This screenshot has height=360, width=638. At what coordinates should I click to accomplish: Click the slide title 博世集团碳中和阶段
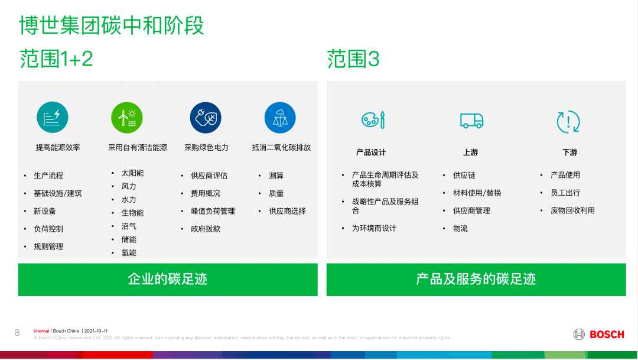click(112, 25)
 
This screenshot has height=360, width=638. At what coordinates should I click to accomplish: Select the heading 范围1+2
click(56, 59)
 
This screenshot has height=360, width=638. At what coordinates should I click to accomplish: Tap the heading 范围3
click(353, 59)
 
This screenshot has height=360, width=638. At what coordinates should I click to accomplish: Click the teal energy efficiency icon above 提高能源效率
click(53, 117)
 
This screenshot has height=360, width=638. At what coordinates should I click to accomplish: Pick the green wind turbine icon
click(127, 118)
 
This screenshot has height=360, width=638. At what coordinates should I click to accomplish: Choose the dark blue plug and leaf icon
click(206, 118)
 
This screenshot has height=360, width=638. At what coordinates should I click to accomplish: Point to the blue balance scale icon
click(280, 118)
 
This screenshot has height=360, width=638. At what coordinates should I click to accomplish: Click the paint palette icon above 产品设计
click(373, 120)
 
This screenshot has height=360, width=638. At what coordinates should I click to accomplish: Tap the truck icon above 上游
click(471, 121)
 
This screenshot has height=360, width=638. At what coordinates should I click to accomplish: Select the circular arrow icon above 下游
click(568, 122)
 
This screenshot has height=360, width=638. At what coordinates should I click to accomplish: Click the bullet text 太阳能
click(133, 173)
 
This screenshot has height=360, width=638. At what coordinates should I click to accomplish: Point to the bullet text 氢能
click(129, 253)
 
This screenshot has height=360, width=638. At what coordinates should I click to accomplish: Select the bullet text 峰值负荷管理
click(213, 211)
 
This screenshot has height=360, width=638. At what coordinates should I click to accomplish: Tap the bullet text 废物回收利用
click(572, 210)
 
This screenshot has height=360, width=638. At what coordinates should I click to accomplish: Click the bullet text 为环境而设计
click(374, 228)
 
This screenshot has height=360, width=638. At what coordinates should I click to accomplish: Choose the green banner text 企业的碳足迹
click(168, 279)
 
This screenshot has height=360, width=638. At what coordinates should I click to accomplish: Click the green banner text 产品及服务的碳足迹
click(476, 279)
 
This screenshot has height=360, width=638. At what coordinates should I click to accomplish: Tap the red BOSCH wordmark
click(607, 335)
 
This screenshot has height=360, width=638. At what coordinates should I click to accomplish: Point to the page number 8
click(17, 333)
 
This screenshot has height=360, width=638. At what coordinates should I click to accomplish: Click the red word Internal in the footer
click(41, 331)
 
